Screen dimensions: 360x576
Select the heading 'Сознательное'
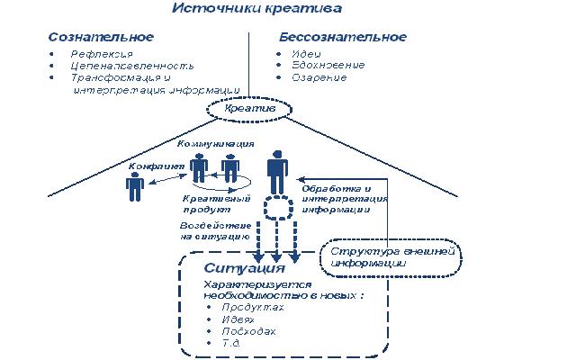pyautogui.click(x=100, y=38)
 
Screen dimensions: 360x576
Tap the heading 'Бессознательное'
pyautogui.click(x=342, y=38)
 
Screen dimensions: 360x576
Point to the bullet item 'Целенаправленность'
pyautogui.click(x=120, y=66)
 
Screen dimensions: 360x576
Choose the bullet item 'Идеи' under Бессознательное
pyautogui.click(x=304, y=54)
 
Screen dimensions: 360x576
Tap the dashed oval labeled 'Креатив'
pyautogui.click(x=248, y=110)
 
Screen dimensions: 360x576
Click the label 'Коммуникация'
pyautogui.click(x=215, y=144)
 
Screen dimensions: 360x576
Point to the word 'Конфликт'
pyautogui.click(x=157, y=166)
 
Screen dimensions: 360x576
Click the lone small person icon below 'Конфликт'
pyautogui.click(x=135, y=186)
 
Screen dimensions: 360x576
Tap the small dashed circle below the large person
pyautogui.click(x=278, y=209)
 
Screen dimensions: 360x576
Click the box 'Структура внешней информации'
pyautogui.click(x=389, y=257)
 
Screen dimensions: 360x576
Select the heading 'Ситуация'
pyautogui.click(x=244, y=268)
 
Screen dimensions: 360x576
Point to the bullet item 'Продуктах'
pyautogui.click(x=249, y=307)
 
